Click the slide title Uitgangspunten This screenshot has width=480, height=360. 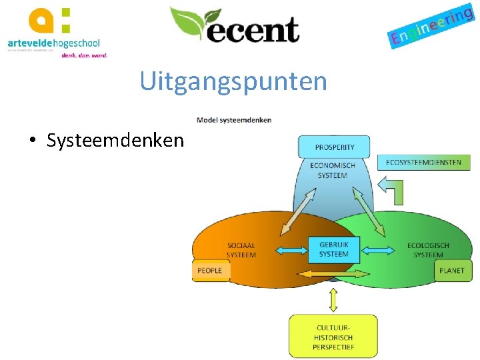click(233, 82)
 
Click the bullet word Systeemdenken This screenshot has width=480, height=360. click(115, 140)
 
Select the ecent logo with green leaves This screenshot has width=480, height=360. click(234, 26)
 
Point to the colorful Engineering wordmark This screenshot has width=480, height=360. click(431, 26)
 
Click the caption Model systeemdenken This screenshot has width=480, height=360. click(234, 120)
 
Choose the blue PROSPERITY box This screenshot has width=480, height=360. click(335, 147)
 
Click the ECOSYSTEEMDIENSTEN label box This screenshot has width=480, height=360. click(423, 162)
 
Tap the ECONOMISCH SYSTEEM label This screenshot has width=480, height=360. click(333, 170)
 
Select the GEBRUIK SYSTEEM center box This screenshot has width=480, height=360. click(334, 249)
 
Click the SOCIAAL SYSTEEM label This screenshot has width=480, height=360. click(241, 249)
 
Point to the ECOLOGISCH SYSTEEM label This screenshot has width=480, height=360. click(428, 250)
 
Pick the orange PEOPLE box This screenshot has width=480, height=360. click(211, 271)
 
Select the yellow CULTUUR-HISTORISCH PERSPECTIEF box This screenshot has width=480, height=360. click(333, 337)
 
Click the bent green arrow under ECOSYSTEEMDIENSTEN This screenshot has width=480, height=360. click(392, 189)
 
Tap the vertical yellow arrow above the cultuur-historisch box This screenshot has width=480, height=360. click(333, 300)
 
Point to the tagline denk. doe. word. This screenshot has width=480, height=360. click(84, 55)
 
